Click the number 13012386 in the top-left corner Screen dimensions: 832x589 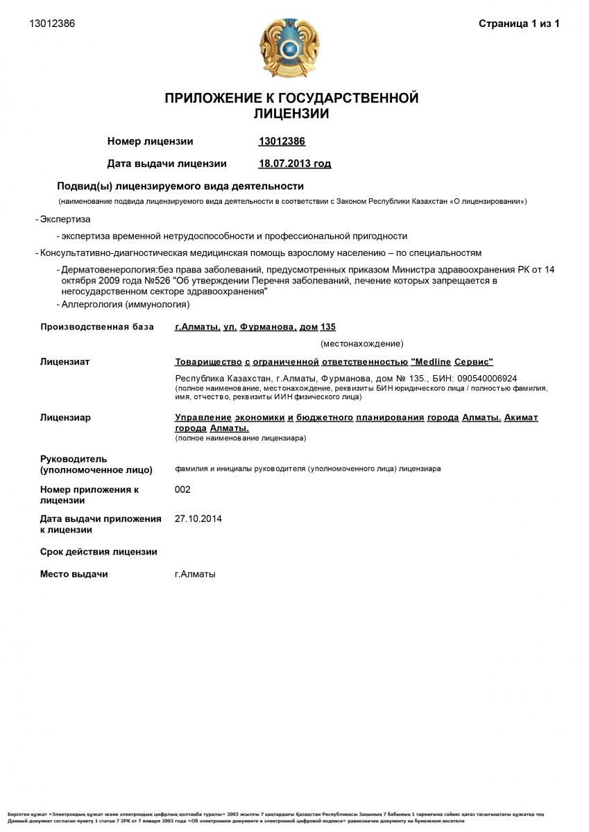click(x=52, y=24)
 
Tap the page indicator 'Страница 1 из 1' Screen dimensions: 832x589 click(x=519, y=24)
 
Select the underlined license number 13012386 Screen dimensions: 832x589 click(x=282, y=141)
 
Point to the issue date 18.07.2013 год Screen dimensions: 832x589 click(x=294, y=164)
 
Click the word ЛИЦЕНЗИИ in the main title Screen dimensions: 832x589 click(x=291, y=114)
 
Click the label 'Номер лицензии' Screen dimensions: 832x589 click(x=150, y=141)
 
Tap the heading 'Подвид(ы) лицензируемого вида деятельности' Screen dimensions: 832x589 click(x=180, y=186)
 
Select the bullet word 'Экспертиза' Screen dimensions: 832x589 click(x=65, y=219)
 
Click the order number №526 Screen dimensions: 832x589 click(x=157, y=281)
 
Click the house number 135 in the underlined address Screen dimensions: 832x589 click(x=328, y=327)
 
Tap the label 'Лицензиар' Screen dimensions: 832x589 click(x=65, y=417)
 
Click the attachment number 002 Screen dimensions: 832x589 click(x=182, y=489)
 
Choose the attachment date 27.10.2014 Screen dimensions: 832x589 click(x=198, y=518)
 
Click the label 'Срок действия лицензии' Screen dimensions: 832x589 click(x=99, y=552)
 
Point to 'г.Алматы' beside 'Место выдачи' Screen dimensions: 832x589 click(x=195, y=574)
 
